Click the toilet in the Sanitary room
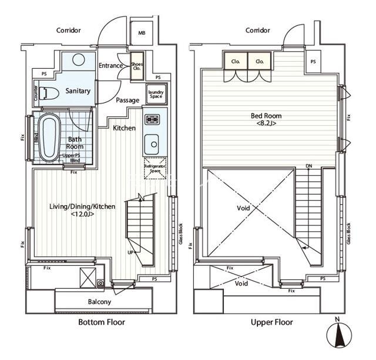coord(49,93)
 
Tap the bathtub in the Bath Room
coord(50,138)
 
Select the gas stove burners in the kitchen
coord(152,119)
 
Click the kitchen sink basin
coord(152,144)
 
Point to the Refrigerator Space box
coord(155,168)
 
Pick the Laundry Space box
coord(156,94)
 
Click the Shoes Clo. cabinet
coord(137,66)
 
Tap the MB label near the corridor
coord(142,33)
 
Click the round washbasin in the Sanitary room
coord(79,59)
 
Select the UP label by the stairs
coord(130,252)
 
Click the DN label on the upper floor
coord(309,166)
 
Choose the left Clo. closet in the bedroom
coord(236,61)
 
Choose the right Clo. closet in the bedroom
coord(260,61)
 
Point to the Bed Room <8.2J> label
coord(266,119)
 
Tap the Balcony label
coord(99,302)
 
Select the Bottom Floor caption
coord(102,322)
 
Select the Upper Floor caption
coord(271,322)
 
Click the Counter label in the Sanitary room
coord(36,93)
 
